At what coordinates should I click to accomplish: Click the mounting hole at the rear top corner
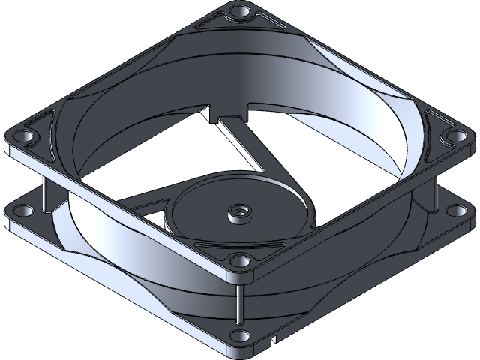click(x=240, y=13)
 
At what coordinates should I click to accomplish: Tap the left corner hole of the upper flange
click(x=22, y=137)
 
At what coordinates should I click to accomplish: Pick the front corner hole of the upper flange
click(x=239, y=262)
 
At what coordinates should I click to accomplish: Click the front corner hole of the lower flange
click(x=239, y=335)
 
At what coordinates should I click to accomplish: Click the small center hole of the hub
click(x=240, y=213)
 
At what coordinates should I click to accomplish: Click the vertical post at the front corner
click(x=239, y=300)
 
